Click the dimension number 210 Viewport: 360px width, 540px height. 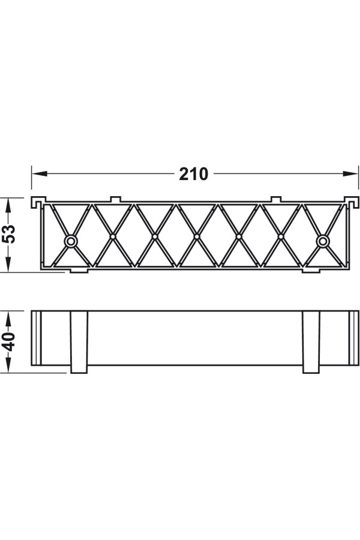coord(194,174)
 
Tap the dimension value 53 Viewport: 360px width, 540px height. coord(10,234)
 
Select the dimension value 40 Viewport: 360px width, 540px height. coord(10,341)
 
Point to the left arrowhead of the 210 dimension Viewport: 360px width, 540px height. coord(39,174)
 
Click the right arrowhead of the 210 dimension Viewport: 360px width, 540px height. coord(350,174)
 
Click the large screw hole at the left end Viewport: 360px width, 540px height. coord(71,241)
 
